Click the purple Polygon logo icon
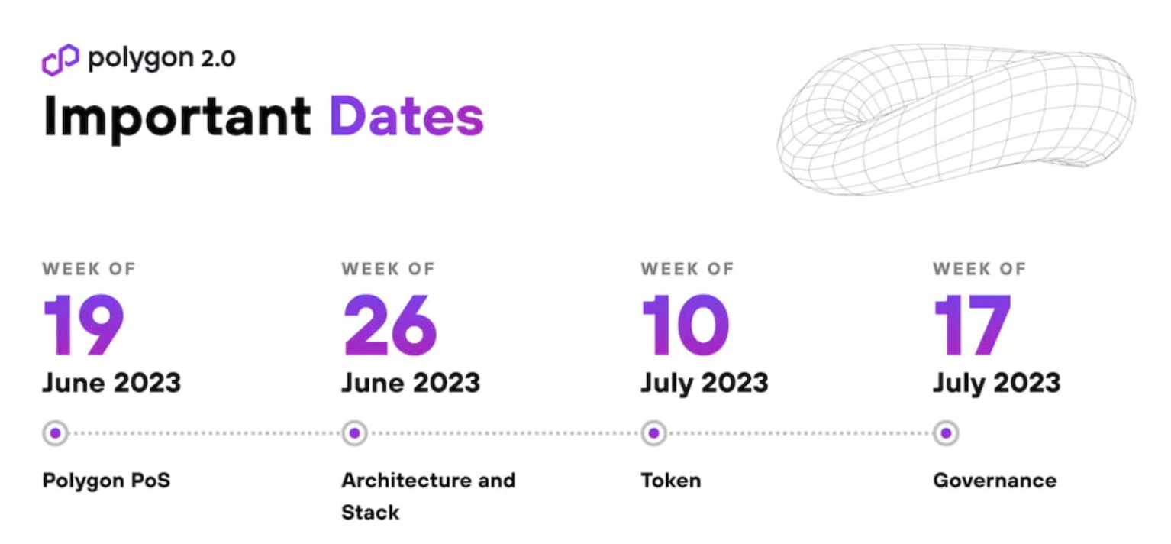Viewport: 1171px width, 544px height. tap(60, 59)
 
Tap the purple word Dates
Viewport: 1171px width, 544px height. tap(407, 116)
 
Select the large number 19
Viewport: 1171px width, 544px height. tap(84, 325)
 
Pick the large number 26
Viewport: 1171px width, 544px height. tap(389, 325)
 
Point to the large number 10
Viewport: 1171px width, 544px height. tap(686, 325)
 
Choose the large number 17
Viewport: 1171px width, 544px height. tap(972, 325)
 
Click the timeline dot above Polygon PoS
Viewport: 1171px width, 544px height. tap(56, 433)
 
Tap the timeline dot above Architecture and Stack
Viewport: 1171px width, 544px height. tap(354, 433)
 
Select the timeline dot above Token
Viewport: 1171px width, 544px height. tap(653, 433)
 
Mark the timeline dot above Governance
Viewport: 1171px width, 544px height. tap(946, 433)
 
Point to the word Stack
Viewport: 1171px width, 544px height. tap(370, 512)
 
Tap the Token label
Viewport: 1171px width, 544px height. tap(671, 480)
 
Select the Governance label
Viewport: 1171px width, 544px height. tap(995, 480)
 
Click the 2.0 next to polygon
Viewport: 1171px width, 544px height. tap(218, 59)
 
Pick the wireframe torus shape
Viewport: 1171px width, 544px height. tap(956, 119)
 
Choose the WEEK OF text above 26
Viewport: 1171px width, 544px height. tap(389, 269)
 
